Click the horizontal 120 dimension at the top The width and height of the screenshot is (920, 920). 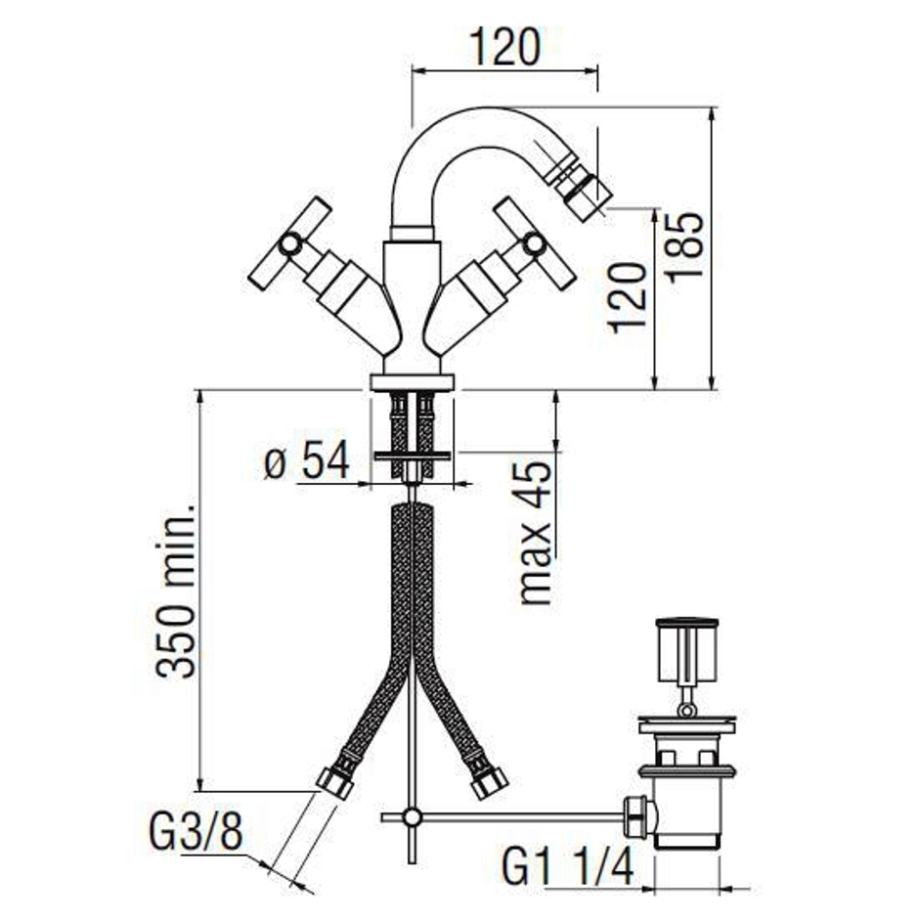pos(505,48)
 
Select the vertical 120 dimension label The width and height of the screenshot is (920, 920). pos(628,298)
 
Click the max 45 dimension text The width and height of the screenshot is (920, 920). pos(536,533)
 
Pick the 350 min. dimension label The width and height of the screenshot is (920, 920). pos(176,591)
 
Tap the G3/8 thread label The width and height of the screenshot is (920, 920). pos(196,831)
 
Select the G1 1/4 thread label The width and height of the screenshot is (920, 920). pos(568,867)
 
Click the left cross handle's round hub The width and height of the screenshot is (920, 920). pos(289,244)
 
